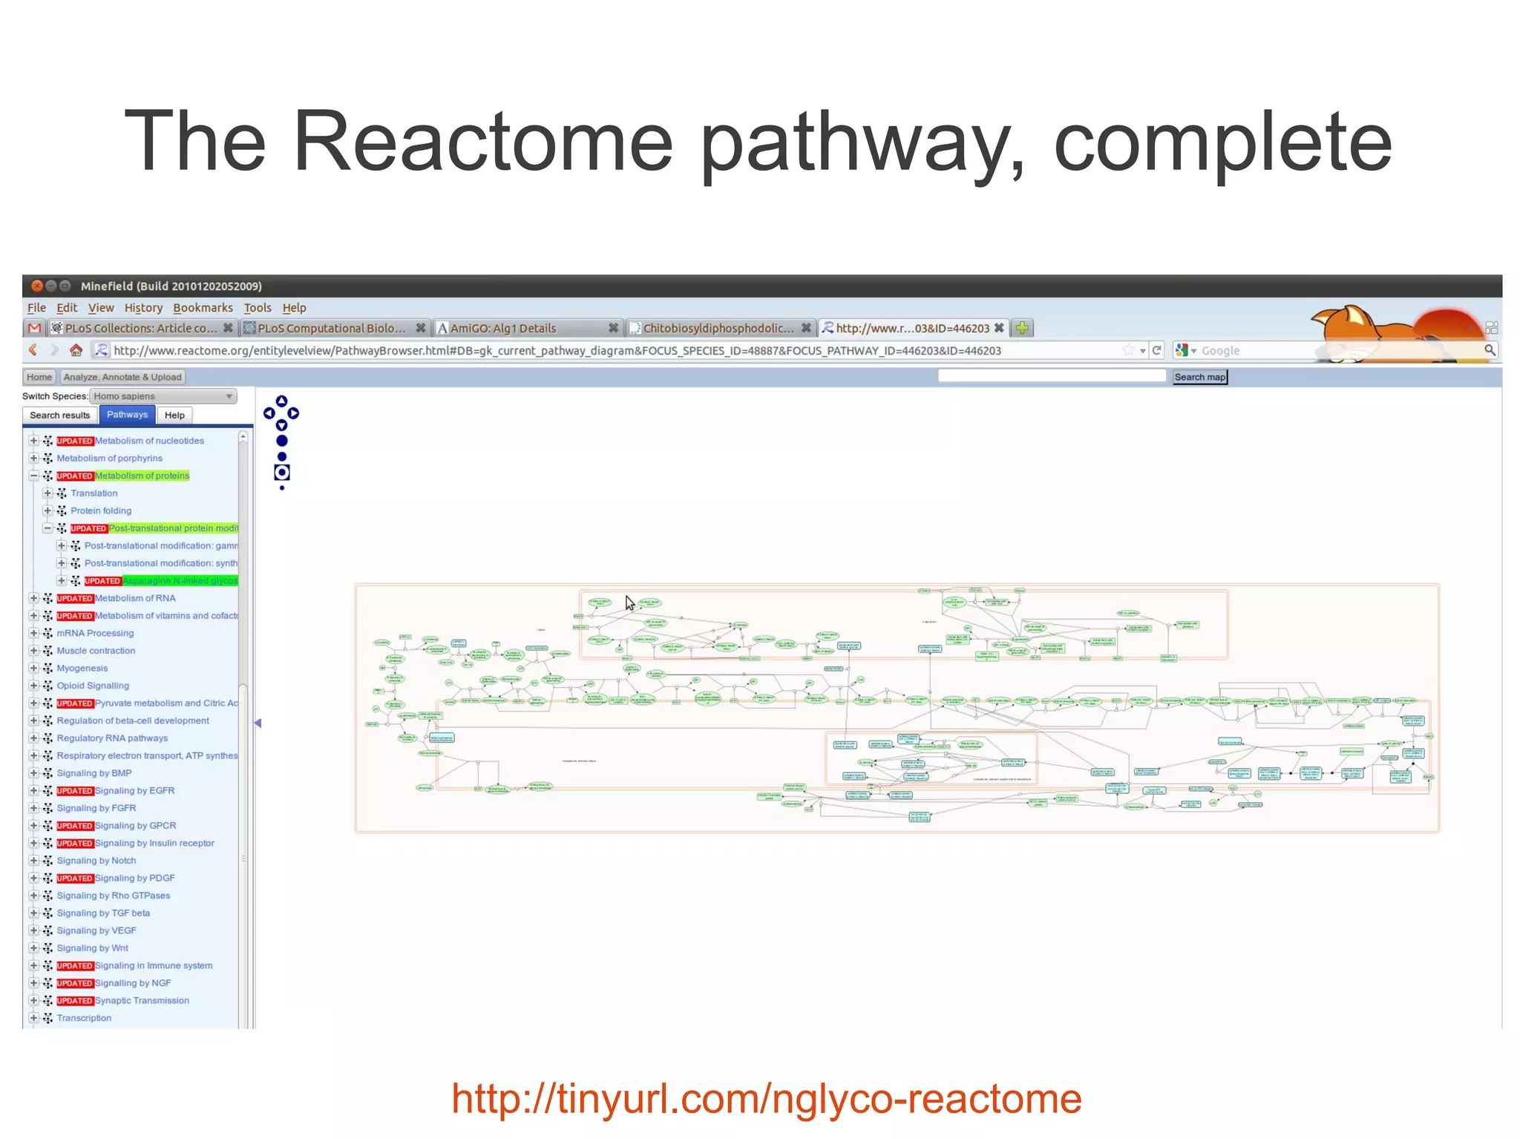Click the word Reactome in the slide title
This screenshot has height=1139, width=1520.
482,141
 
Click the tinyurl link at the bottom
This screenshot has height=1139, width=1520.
766,1099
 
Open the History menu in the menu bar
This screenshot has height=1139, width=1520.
143,308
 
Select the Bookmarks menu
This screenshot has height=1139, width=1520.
203,308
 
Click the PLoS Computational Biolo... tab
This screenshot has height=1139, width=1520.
331,328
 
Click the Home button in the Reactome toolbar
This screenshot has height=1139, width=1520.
39,377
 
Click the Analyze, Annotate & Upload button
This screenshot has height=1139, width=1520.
122,377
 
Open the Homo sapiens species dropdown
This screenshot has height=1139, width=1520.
163,396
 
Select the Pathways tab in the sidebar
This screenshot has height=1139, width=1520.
127,415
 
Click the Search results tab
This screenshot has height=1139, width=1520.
59,416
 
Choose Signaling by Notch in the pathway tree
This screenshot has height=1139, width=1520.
96,861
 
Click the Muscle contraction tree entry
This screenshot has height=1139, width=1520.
96,651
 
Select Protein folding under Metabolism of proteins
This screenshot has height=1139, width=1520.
101,511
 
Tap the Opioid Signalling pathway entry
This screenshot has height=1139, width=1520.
93,686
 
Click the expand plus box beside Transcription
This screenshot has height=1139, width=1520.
33,1018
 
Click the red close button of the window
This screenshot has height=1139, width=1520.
37,286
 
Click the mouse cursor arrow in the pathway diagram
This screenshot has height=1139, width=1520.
629,603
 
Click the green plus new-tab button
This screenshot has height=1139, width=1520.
1023,328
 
